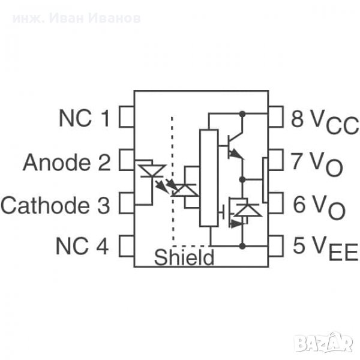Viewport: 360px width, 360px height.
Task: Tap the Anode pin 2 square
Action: [126, 160]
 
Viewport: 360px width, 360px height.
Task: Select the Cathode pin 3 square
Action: [126, 203]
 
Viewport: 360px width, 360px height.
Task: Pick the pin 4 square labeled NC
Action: [126, 246]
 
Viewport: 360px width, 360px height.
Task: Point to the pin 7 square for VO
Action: [275, 160]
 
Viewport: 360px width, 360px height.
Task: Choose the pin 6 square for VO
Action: [275, 203]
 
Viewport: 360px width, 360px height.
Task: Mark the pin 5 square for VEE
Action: [275, 246]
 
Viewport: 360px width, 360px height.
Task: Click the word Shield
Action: [184, 258]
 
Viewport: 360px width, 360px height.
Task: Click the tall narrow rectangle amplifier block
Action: [208, 178]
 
